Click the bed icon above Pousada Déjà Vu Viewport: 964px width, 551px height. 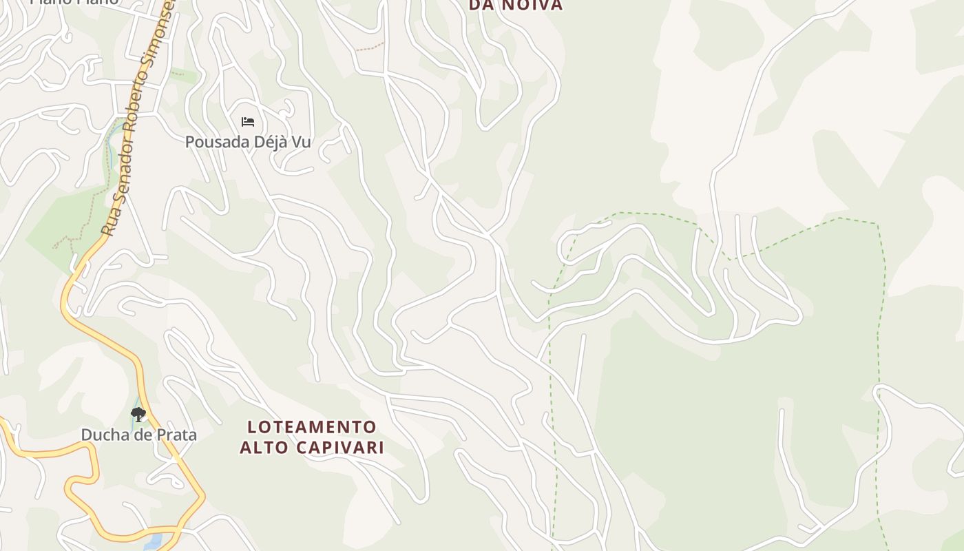(x=248, y=122)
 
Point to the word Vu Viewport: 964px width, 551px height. (x=302, y=143)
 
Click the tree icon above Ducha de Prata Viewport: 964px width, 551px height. (x=138, y=414)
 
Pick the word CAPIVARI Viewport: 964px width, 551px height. (x=339, y=447)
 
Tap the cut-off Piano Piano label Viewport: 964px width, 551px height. (x=74, y=2)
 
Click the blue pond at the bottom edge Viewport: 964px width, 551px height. (x=153, y=541)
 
